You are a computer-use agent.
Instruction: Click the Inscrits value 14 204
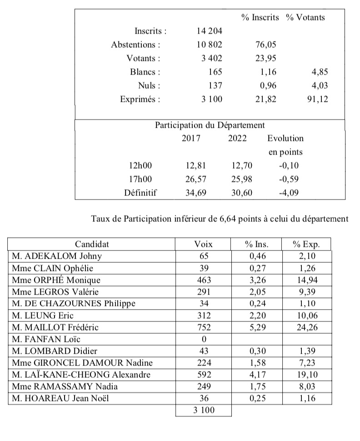click(208, 31)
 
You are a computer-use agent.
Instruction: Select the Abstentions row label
click(136, 45)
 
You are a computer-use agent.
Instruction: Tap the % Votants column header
click(305, 18)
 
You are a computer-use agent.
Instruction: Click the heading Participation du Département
click(210, 125)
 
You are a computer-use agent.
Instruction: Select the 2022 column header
click(237, 138)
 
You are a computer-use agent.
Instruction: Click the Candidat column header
click(92, 244)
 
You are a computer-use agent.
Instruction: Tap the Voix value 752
click(203, 327)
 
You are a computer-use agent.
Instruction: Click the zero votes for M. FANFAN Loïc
click(203, 339)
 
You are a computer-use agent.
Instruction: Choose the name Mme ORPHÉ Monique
click(57, 280)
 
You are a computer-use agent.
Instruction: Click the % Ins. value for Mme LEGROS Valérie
click(256, 291)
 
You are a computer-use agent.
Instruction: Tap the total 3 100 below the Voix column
click(203, 411)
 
